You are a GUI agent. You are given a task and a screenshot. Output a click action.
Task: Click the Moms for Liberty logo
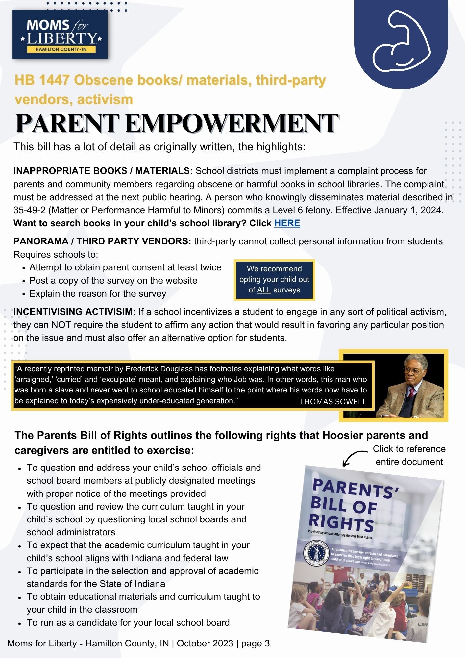click(x=60, y=35)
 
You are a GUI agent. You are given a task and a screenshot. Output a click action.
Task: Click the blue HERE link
click(x=287, y=223)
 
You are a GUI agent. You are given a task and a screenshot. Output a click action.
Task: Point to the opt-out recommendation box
click(x=274, y=280)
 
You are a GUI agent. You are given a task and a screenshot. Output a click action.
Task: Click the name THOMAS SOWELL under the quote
click(x=332, y=402)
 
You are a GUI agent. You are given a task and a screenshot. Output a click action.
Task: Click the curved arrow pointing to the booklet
click(x=354, y=458)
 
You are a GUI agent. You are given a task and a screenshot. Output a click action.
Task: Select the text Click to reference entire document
click(x=409, y=455)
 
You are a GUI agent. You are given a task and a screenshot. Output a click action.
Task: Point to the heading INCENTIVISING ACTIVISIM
click(x=74, y=312)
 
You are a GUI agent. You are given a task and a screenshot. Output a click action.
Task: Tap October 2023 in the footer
click(x=205, y=643)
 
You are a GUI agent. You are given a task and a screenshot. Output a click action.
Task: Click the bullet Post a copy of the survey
click(x=113, y=281)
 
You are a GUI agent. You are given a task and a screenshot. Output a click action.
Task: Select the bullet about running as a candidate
click(x=128, y=622)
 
